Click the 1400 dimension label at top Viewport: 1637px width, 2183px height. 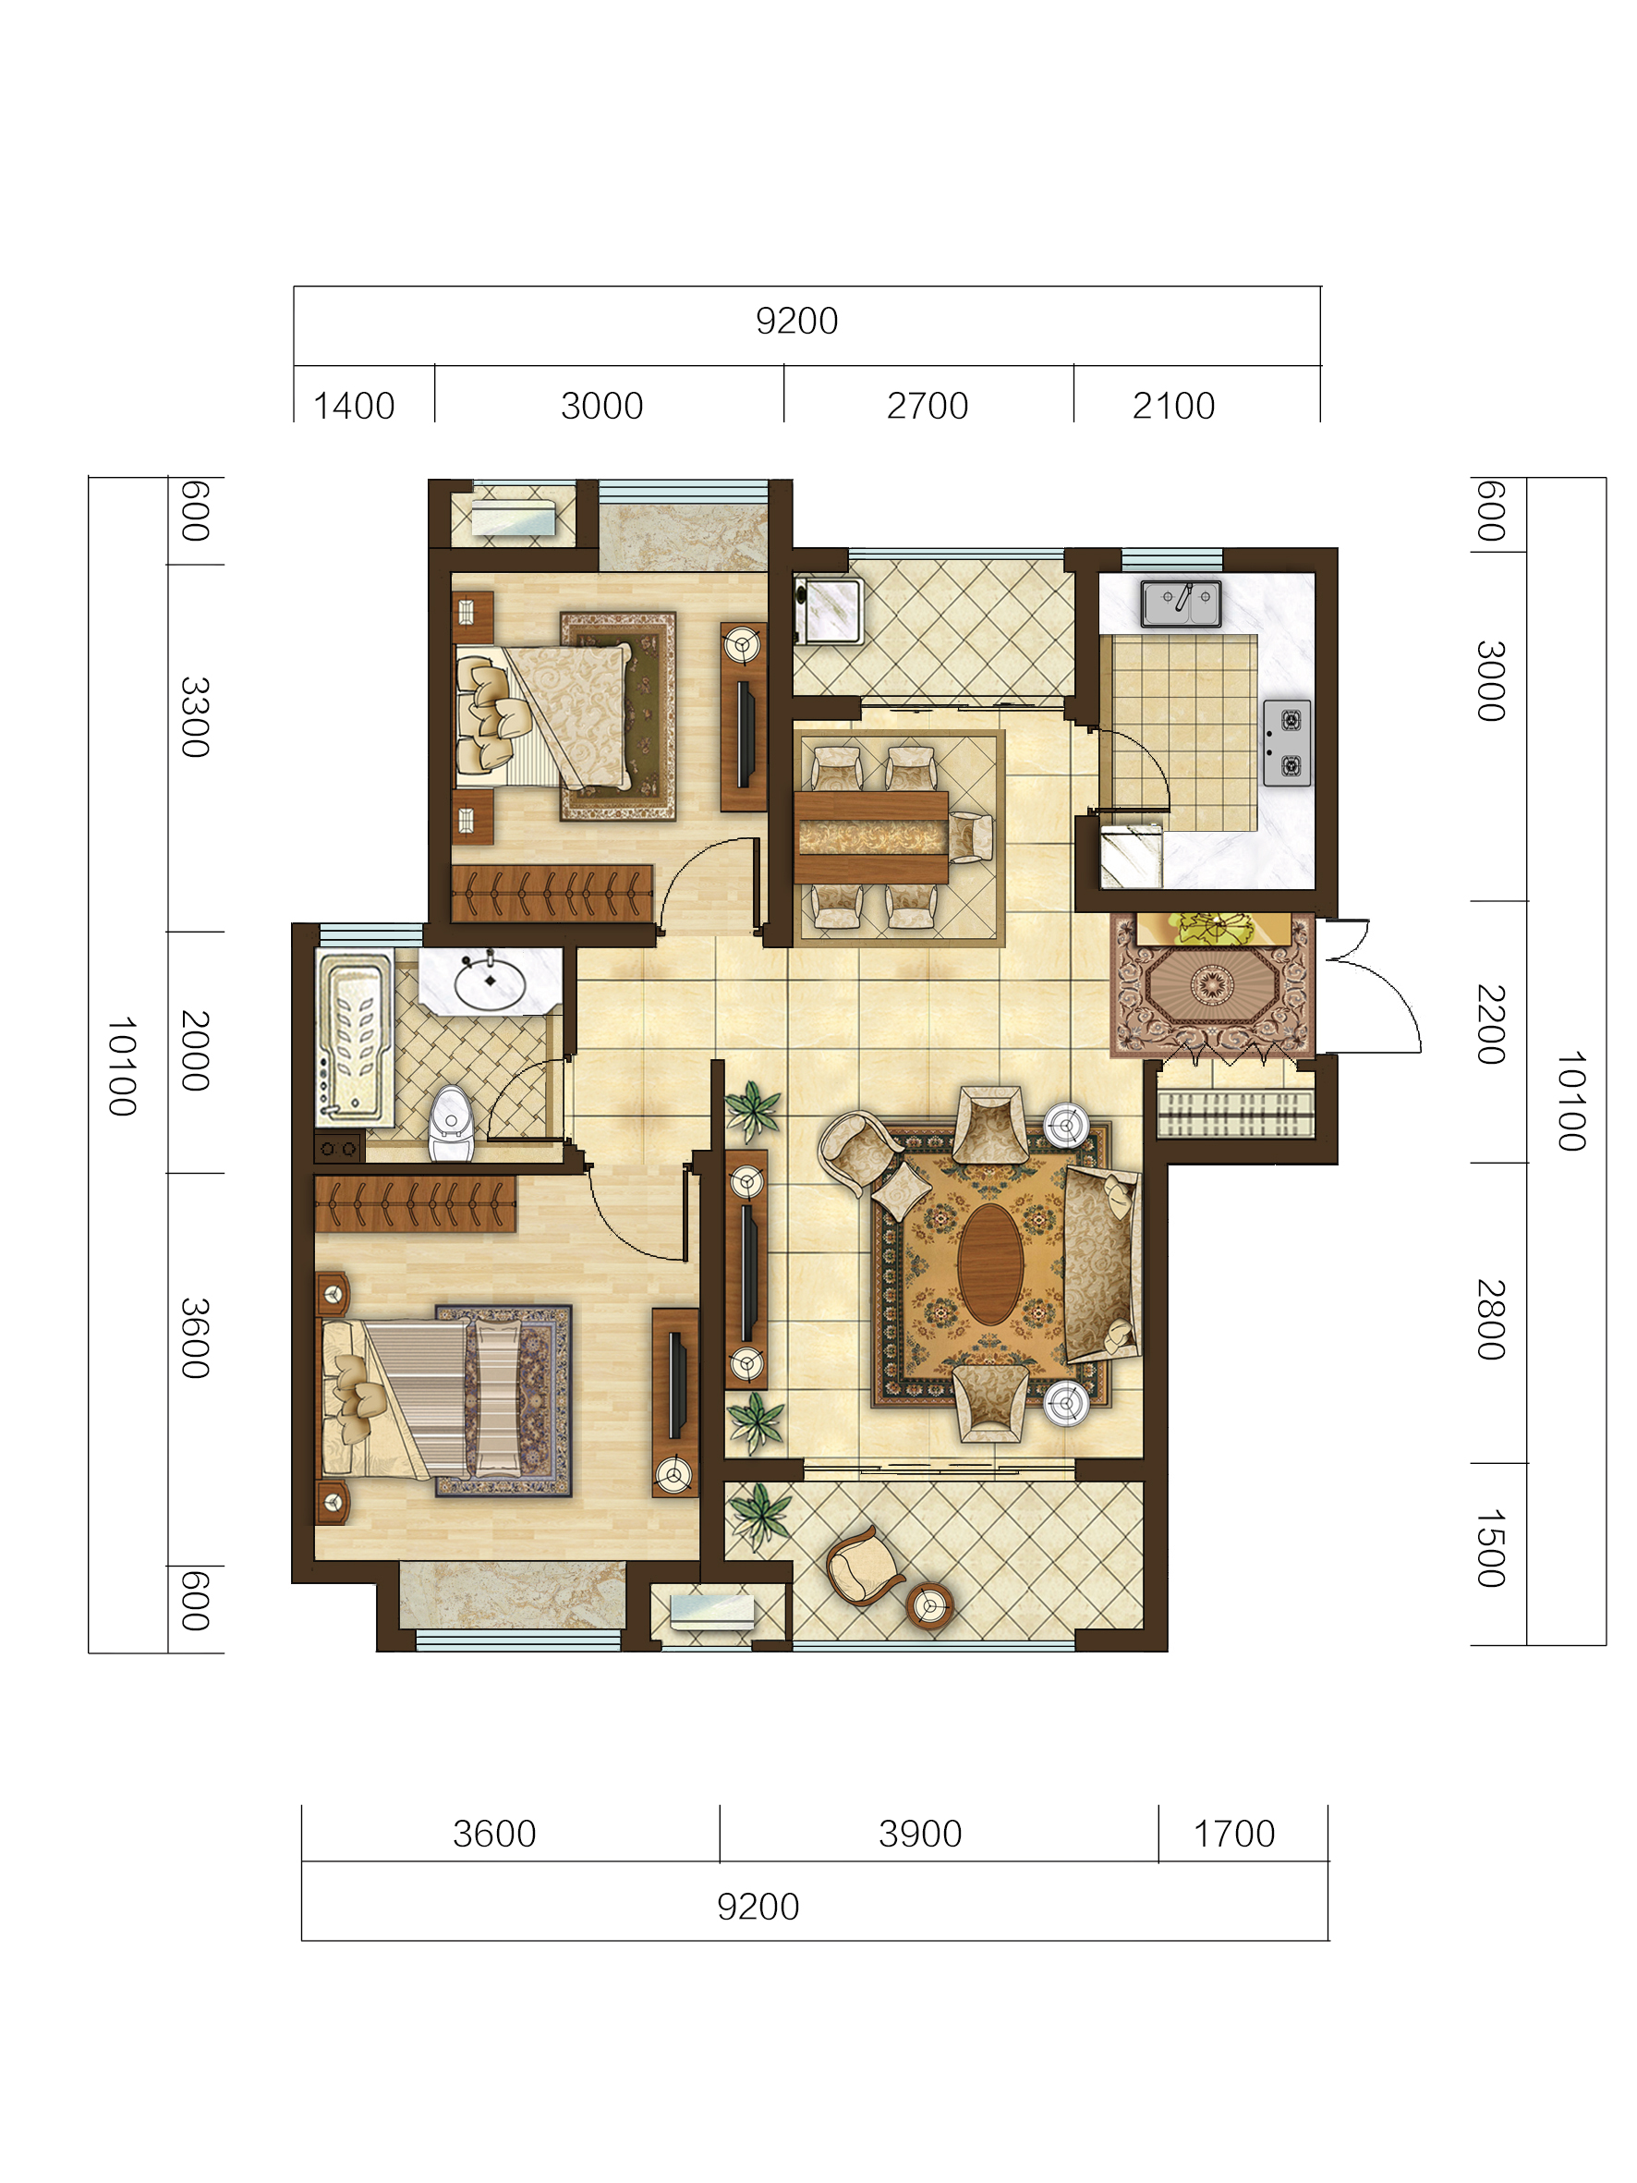(x=353, y=406)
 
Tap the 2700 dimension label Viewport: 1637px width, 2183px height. (x=927, y=406)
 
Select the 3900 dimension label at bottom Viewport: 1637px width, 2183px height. (x=919, y=1834)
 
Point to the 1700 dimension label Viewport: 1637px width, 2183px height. (x=1233, y=1834)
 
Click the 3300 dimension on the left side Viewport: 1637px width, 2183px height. (x=195, y=716)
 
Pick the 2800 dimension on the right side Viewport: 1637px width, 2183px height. (x=1490, y=1320)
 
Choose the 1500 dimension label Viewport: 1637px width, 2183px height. (x=1490, y=1547)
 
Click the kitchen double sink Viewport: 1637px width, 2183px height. (x=1182, y=603)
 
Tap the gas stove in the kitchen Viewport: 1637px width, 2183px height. (x=1288, y=742)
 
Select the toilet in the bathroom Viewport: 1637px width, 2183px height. (x=451, y=1124)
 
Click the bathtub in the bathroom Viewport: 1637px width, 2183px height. (x=354, y=1039)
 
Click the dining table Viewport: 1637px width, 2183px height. (x=872, y=837)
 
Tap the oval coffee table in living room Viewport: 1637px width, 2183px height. (x=990, y=1264)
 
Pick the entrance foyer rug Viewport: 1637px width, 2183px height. (x=1213, y=984)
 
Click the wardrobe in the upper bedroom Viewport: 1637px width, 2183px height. (x=552, y=893)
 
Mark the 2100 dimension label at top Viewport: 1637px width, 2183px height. (x=1173, y=406)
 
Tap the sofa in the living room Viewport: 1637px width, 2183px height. (x=1102, y=1263)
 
